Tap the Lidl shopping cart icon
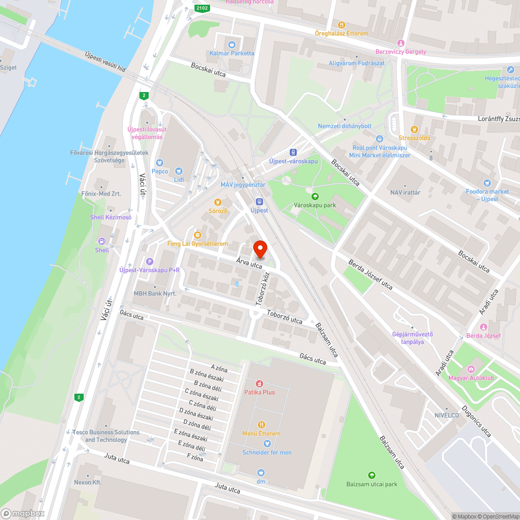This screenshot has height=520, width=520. point(179,171)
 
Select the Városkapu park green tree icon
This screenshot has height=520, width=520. point(315,196)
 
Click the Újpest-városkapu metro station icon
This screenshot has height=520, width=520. point(293,152)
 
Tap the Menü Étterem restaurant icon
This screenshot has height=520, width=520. point(261,424)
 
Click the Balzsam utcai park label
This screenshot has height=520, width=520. point(371,484)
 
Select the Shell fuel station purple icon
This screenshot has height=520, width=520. point(102,241)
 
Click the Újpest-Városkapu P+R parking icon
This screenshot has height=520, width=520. point(150,261)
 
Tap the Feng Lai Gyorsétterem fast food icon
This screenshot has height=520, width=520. point(197,235)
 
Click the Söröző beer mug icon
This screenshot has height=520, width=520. point(218,202)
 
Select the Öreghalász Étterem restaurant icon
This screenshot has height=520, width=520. point(341,24)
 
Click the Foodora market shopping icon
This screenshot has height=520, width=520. point(487,183)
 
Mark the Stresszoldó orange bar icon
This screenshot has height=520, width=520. point(414,129)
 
